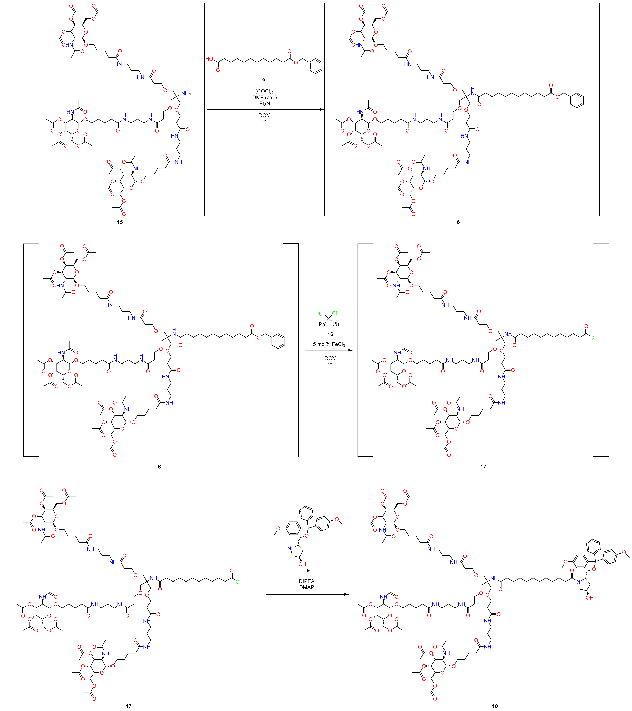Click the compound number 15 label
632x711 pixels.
coord(120,222)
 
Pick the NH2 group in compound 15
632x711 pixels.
coord(186,94)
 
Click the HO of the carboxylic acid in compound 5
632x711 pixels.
coord(209,59)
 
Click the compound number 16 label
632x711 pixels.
coord(330,334)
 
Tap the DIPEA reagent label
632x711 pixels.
coord(306,581)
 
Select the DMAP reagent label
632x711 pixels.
coord(306,587)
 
